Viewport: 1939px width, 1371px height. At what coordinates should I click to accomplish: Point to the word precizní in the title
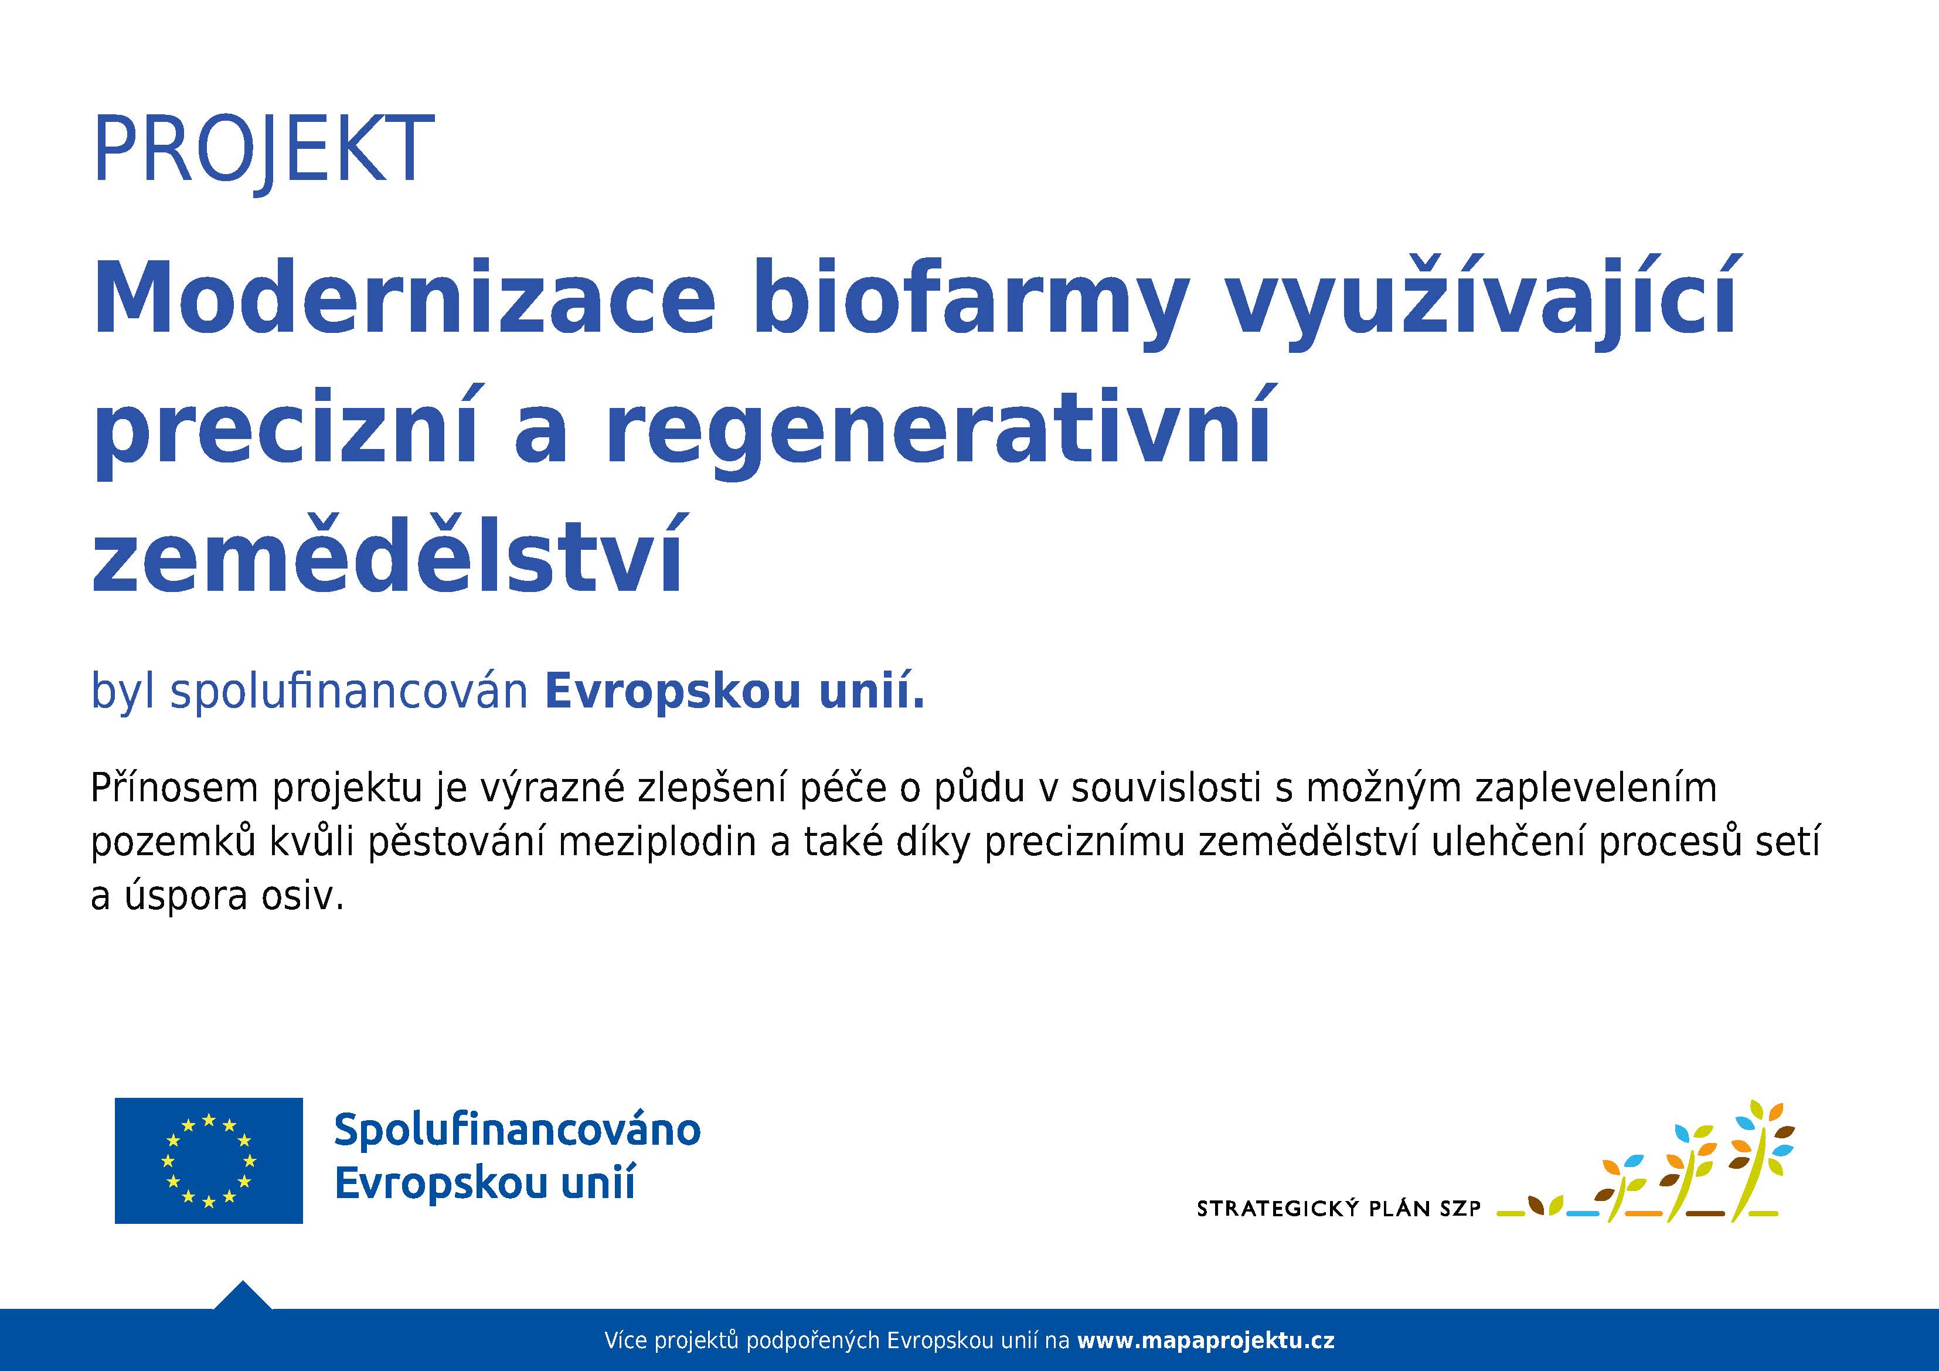(288, 433)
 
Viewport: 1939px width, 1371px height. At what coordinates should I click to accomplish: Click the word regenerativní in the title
(937, 433)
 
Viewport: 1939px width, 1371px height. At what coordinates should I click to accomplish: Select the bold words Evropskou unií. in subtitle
(734, 692)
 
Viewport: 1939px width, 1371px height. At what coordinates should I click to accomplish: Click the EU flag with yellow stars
(209, 1161)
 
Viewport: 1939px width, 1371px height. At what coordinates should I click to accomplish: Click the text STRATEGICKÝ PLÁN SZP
(1339, 1209)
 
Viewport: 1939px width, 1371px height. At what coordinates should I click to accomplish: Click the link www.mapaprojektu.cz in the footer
(1206, 1341)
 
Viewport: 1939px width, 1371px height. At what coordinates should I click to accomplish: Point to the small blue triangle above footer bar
(243, 1295)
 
